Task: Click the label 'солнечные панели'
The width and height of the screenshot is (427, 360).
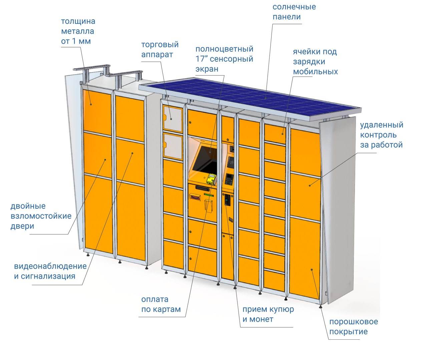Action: pyautogui.click(x=294, y=12)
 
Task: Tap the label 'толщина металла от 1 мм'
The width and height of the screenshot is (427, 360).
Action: pyautogui.click(x=78, y=31)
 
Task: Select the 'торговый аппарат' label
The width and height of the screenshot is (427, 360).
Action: pyautogui.click(x=160, y=49)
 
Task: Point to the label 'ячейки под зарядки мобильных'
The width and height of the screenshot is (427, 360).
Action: pyautogui.click(x=315, y=62)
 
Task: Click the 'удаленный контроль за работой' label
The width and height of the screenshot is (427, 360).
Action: pyautogui.click(x=381, y=135)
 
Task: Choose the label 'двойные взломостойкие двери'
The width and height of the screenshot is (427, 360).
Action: pyautogui.click(x=41, y=216)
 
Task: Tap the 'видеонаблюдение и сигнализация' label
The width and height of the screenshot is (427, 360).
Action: pyautogui.click(x=50, y=271)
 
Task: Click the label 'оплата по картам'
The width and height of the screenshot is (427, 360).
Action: pyautogui.click(x=161, y=304)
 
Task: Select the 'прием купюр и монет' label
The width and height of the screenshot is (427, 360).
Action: pyautogui.click(x=268, y=314)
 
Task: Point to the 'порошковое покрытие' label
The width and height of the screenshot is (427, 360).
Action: pyautogui.click(x=353, y=327)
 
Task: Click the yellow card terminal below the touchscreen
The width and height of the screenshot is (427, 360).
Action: pyautogui.click(x=210, y=179)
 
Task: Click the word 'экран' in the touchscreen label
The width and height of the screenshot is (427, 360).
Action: pyautogui.click(x=207, y=69)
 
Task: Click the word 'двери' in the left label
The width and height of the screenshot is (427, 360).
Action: pyautogui.click(x=22, y=226)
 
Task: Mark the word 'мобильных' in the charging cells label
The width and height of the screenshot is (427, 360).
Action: pyautogui.click(x=315, y=72)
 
